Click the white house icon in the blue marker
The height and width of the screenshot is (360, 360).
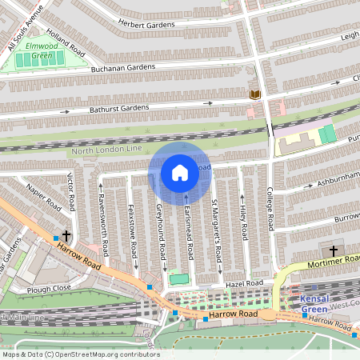[x=180, y=172]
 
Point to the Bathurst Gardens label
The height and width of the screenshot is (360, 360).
[x=119, y=107]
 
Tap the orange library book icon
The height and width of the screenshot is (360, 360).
[x=255, y=94]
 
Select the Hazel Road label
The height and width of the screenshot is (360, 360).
[x=243, y=283]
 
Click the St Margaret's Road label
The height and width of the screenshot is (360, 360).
[x=214, y=228]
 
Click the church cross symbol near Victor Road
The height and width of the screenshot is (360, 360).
[x=66, y=237]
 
